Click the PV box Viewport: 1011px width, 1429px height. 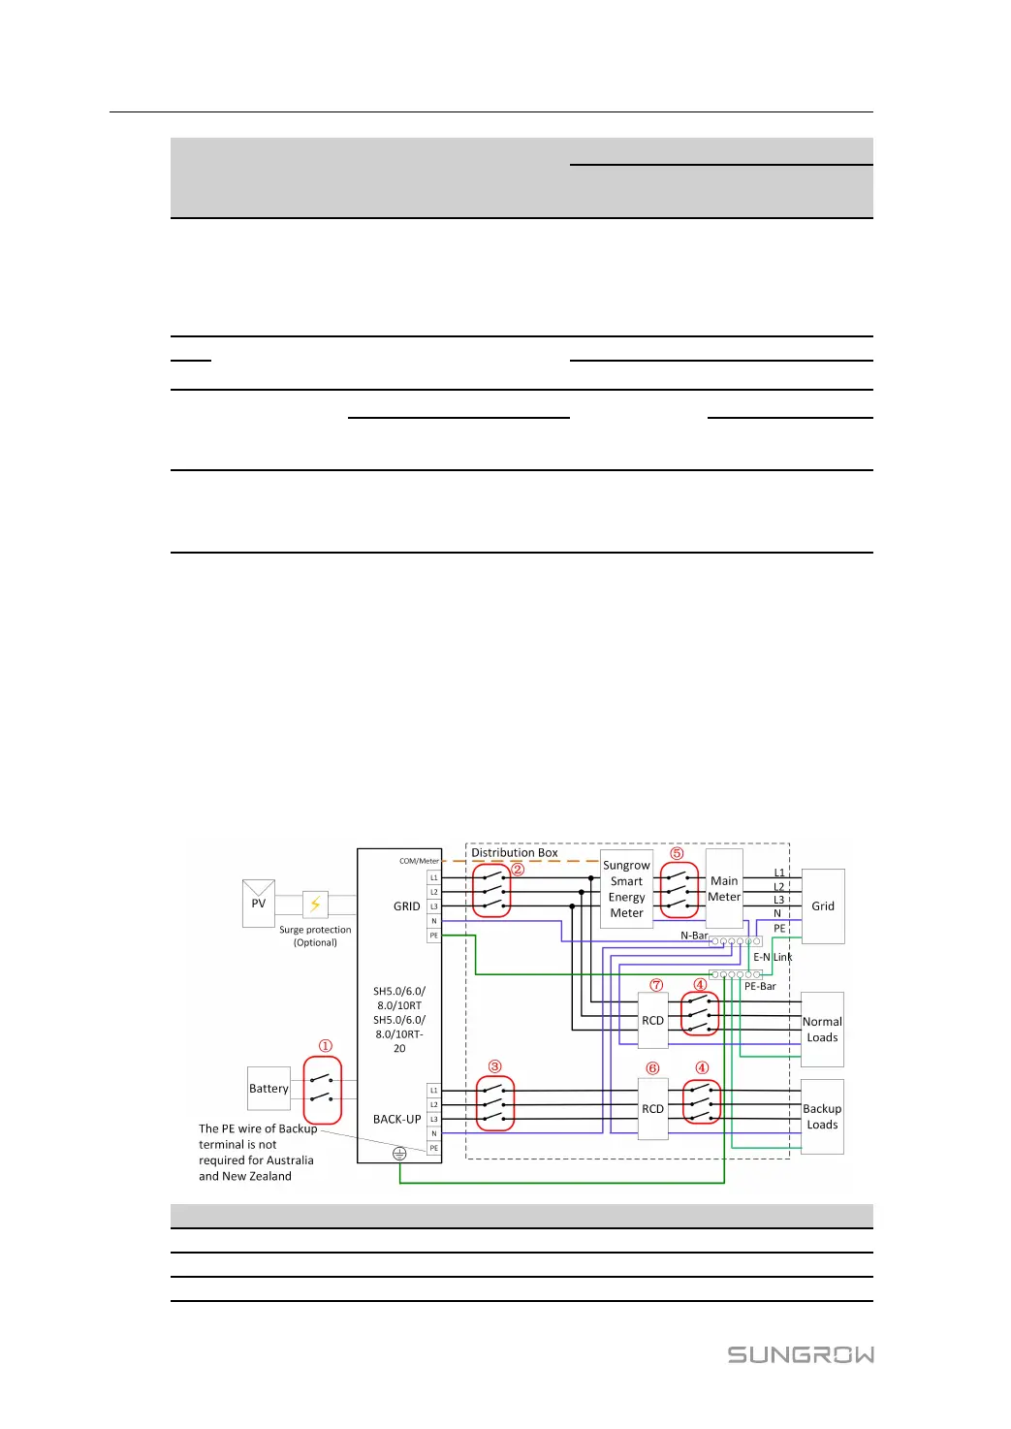(259, 904)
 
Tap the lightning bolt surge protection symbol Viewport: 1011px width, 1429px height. (315, 904)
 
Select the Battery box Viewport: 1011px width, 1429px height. (269, 1089)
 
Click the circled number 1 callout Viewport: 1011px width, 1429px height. (326, 1046)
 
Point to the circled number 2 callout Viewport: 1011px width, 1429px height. (518, 870)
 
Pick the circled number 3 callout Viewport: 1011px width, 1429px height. (495, 1066)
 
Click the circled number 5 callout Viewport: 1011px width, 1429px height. (677, 854)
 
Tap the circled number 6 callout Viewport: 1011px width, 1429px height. (652, 1068)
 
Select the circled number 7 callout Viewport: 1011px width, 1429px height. (656, 985)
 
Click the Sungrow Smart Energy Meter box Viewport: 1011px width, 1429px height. (626, 889)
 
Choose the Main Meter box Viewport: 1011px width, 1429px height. (724, 889)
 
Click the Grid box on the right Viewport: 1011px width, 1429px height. (823, 906)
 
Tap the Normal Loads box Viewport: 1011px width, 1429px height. (822, 1030)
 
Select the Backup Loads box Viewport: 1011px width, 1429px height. (822, 1117)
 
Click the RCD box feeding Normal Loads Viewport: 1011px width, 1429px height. (653, 1021)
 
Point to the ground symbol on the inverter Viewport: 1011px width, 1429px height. (399, 1154)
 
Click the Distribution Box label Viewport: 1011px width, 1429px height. (515, 853)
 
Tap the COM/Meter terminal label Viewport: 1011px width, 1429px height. (419, 861)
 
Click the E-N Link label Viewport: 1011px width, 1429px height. (773, 957)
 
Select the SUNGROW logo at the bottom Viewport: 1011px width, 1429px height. (801, 1354)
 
